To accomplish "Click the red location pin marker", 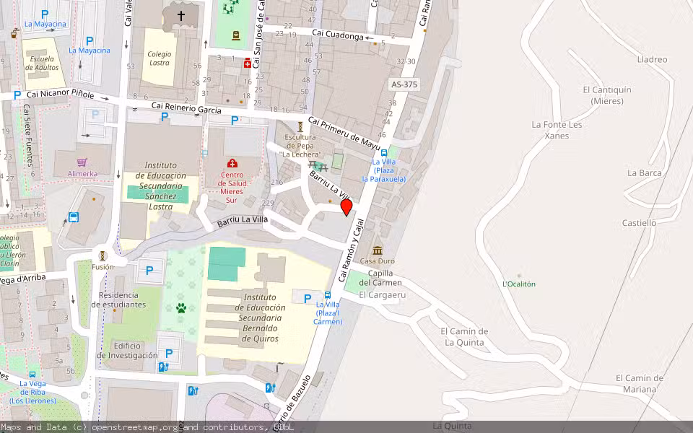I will click(346, 207).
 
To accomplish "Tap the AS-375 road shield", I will click(404, 84).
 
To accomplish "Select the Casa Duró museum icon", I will click(377, 250).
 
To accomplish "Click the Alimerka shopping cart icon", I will click(82, 162).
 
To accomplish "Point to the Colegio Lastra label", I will click(160, 58).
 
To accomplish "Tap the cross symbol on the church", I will click(180, 14).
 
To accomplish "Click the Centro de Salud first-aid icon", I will click(232, 164).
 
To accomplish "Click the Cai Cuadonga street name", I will click(336, 33).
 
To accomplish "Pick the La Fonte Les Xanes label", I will click(557, 130).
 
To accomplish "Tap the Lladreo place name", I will click(653, 59).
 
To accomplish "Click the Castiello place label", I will click(639, 223).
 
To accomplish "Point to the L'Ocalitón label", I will click(519, 284).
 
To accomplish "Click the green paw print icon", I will click(181, 308).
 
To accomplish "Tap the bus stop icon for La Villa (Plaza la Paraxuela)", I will click(384, 152).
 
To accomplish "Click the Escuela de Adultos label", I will click(42, 64).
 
